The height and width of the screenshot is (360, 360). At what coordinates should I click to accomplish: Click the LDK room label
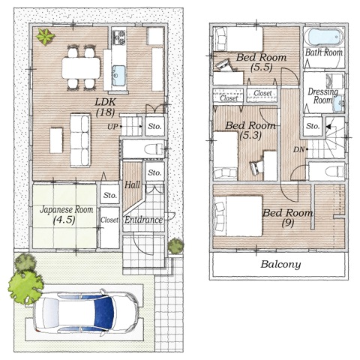(106, 107)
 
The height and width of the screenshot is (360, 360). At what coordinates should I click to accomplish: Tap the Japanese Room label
(66, 214)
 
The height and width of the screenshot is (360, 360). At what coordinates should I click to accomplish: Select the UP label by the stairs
(112, 127)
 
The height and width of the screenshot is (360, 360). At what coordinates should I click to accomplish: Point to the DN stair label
(298, 150)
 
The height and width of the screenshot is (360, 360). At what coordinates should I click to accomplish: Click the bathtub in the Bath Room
(325, 37)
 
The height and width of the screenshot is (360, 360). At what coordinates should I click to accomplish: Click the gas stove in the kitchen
(118, 37)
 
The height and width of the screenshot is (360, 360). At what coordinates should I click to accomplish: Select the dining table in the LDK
(81, 67)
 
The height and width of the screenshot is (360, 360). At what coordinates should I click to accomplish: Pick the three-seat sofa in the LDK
(80, 140)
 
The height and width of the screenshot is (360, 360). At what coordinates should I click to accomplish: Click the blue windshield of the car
(103, 313)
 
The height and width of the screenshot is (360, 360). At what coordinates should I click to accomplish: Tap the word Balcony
(280, 265)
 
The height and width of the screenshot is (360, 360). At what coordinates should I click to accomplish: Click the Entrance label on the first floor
(143, 220)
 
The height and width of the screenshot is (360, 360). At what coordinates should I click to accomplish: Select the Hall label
(132, 185)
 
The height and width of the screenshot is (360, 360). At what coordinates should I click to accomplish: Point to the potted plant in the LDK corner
(45, 37)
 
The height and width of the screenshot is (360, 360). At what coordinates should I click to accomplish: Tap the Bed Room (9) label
(287, 217)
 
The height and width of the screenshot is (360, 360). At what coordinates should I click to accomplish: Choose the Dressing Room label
(322, 96)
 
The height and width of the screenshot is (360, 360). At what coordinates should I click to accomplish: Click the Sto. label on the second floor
(313, 126)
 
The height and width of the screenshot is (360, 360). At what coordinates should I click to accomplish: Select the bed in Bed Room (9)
(238, 216)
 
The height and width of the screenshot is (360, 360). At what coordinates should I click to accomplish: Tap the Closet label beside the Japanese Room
(109, 220)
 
